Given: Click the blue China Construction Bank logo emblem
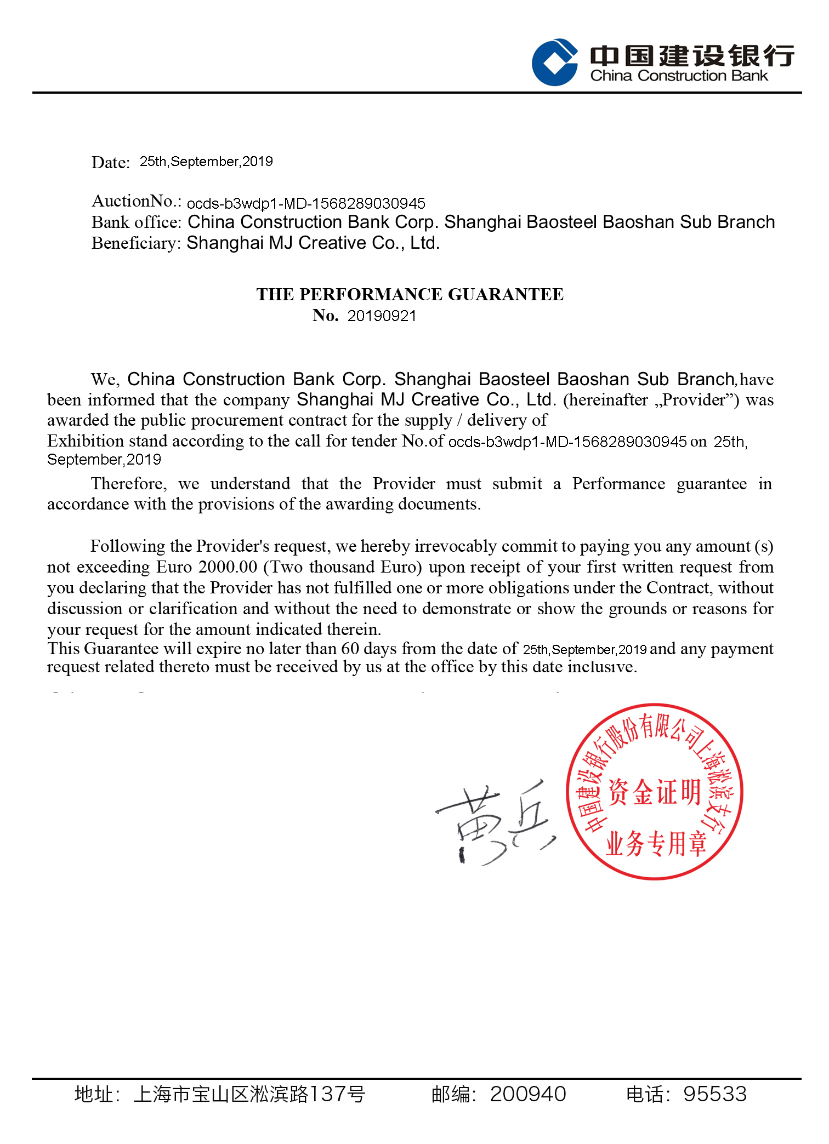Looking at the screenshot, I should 554,62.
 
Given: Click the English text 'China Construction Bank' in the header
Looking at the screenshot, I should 679,76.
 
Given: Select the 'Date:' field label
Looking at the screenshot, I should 110,163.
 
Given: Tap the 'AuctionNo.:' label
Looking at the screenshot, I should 137,202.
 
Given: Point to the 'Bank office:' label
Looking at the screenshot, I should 136,222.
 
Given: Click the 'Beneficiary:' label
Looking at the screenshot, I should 136,243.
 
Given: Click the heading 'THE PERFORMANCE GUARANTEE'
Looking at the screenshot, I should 410,294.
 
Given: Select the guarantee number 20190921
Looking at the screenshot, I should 382,316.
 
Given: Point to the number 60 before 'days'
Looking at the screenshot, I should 350,649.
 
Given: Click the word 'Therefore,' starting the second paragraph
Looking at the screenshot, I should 129,484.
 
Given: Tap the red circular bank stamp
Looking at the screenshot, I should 654,791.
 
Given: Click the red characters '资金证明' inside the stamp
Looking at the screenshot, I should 655,792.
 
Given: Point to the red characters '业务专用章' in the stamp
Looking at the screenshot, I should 656,843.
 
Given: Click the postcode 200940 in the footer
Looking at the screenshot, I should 527,1094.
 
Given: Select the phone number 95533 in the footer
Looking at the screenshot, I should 714,1094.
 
